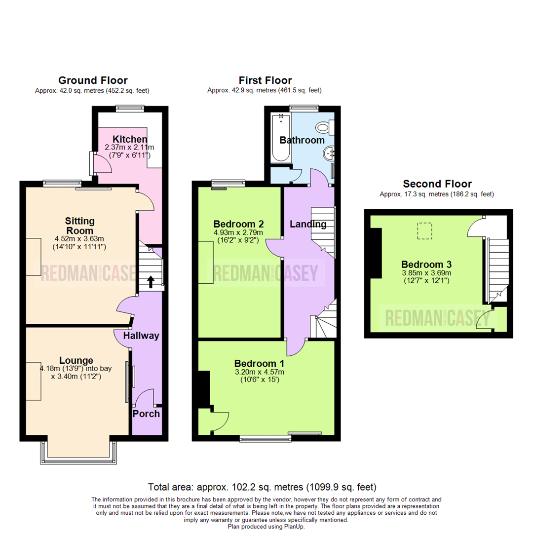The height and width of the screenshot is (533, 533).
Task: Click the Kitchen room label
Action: (x=130, y=139)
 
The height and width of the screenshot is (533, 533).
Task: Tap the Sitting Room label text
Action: (x=79, y=226)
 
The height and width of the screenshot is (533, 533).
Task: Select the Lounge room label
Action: (x=76, y=360)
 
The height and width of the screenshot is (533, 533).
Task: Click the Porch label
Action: (x=146, y=414)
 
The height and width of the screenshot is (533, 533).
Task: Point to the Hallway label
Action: (x=141, y=336)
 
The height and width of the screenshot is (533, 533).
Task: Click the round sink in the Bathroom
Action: (x=329, y=153)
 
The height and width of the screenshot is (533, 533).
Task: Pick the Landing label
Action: (x=308, y=225)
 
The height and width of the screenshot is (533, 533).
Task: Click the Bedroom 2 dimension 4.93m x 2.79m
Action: (x=238, y=233)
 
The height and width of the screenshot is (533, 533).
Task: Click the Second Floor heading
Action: (x=437, y=184)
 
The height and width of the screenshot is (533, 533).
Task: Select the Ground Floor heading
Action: (x=93, y=80)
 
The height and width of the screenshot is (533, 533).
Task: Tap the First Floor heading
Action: (x=265, y=80)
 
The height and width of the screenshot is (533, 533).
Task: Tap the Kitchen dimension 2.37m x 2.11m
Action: (x=129, y=147)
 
